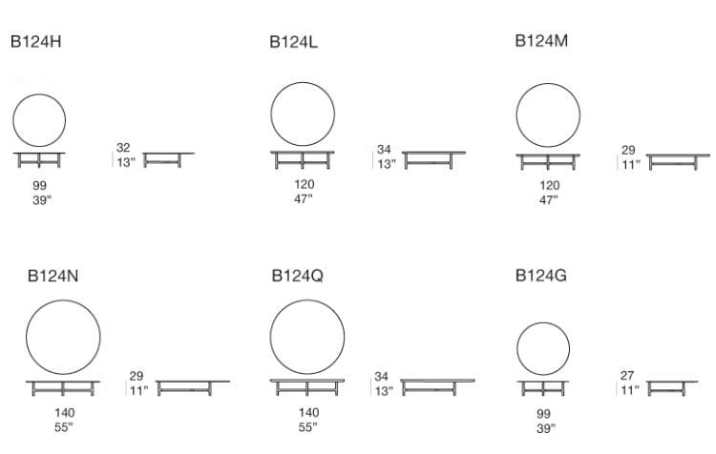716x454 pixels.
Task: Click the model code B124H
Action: click(x=35, y=42)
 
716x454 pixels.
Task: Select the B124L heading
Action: click(x=293, y=42)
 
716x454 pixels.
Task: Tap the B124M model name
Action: click(x=541, y=41)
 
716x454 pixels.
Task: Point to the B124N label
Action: click(x=53, y=276)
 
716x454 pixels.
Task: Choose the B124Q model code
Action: click(x=297, y=276)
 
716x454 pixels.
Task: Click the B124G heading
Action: click(x=540, y=276)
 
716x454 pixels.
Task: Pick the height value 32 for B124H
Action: click(x=123, y=148)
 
